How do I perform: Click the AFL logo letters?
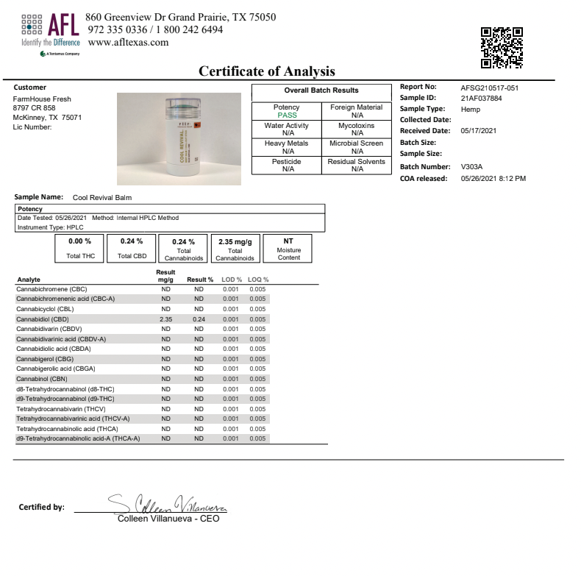pos(63,27)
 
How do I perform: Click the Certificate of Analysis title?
pos(267,71)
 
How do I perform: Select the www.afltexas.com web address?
pos(128,43)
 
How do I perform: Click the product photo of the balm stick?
pos(179,139)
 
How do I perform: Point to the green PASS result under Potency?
pos(286,115)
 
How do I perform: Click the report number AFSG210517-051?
pos(489,88)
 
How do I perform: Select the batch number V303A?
pos(472,167)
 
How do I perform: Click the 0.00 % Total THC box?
pos(79,248)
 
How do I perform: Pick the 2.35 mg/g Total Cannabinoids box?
pos(235,248)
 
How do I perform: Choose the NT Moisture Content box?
pos(288,248)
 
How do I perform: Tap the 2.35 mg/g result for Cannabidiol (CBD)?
pos(165,319)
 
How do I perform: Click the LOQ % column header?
pos(257,280)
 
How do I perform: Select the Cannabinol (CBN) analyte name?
pos(42,379)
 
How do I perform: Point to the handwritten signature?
pos(168,504)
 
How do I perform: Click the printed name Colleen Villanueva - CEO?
pos(168,518)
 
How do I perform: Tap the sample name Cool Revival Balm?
pos(102,197)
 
